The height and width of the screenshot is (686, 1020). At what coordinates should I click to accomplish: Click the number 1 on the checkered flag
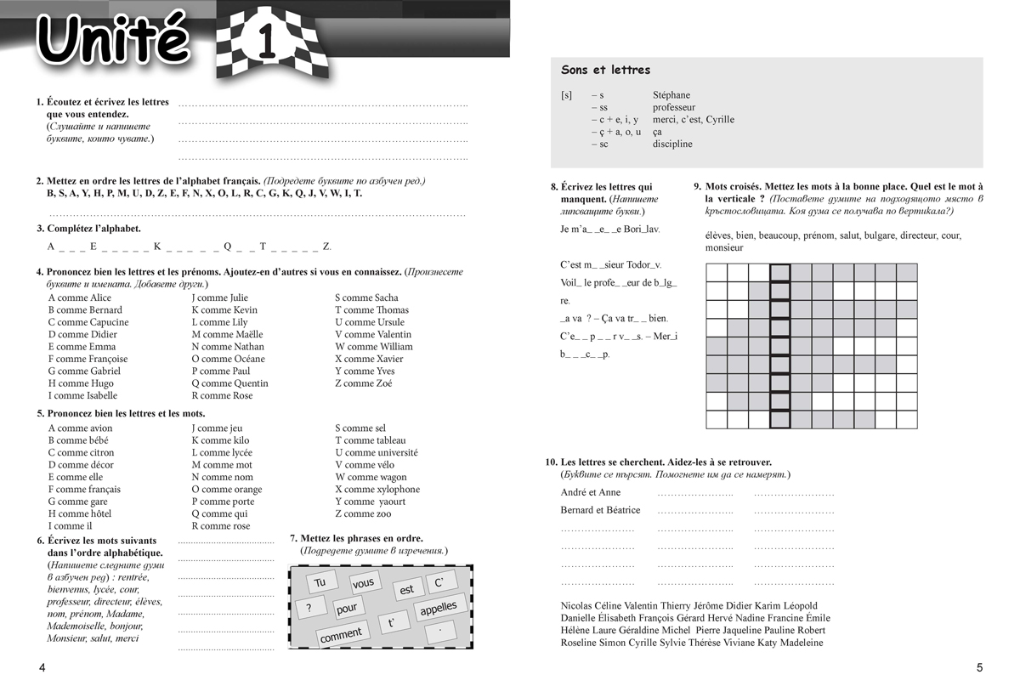tap(265, 43)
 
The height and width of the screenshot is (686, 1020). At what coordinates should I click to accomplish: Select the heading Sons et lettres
tap(605, 70)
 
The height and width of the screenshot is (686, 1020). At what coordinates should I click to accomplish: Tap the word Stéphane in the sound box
tap(671, 95)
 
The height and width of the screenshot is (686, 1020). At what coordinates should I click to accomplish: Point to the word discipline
tap(672, 144)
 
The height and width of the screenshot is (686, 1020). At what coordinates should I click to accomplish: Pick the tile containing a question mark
tap(309, 608)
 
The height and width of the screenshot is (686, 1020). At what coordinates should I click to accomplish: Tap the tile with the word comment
tap(341, 634)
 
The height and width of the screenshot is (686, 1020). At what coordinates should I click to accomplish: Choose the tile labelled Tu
tap(320, 582)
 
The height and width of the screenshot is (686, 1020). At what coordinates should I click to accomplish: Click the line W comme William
tap(373, 347)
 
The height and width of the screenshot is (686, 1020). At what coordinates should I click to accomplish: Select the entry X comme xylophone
tap(377, 490)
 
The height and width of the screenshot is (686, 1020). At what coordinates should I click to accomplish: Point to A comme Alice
tap(79, 298)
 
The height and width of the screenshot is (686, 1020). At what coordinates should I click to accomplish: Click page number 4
tap(42, 668)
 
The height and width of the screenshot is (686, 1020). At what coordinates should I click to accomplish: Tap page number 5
tap(979, 668)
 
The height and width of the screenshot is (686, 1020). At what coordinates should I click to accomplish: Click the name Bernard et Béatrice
tap(600, 510)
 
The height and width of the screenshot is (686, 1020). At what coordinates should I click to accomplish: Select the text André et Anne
tap(590, 492)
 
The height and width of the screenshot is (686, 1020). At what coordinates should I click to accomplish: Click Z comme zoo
tap(363, 514)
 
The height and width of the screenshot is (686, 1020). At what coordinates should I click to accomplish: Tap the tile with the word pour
tap(347, 609)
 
